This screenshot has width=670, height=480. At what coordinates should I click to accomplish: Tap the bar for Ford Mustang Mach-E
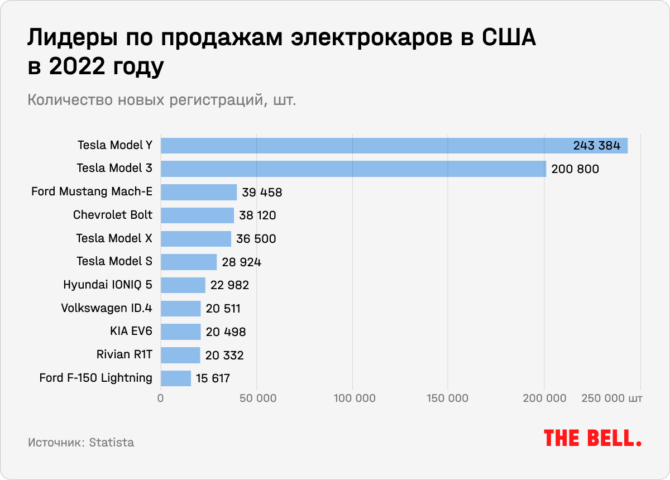pyautogui.click(x=199, y=192)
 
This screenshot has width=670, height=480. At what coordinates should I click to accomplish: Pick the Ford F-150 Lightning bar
pyautogui.click(x=176, y=378)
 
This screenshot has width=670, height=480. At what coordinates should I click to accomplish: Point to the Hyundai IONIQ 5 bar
pyautogui.click(x=183, y=285)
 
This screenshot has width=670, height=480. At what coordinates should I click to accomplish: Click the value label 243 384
pyautogui.click(x=597, y=146)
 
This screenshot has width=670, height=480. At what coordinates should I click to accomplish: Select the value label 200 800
pyautogui.click(x=575, y=169)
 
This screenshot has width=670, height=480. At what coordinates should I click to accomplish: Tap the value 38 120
pyautogui.click(x=258, y=215)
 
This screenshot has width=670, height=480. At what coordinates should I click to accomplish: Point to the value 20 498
pyautogui.click(x=226, y=332)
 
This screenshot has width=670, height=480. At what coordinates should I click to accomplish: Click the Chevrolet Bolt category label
pyautogui.click(x=113, y=215)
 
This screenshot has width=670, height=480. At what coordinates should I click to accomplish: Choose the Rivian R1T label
pyautogui.click(x=124, y=355)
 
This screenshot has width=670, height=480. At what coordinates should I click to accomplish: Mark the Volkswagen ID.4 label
pyautogui.click(x=106, y=308)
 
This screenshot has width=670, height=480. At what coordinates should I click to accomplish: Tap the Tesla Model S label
pyautogui.click(x=114, y=261)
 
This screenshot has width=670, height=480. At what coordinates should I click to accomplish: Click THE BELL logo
pyautogui.click(x=592, y=438)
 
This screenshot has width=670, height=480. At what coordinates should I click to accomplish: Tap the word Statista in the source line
pyautogui.click(x=112, y=443)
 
